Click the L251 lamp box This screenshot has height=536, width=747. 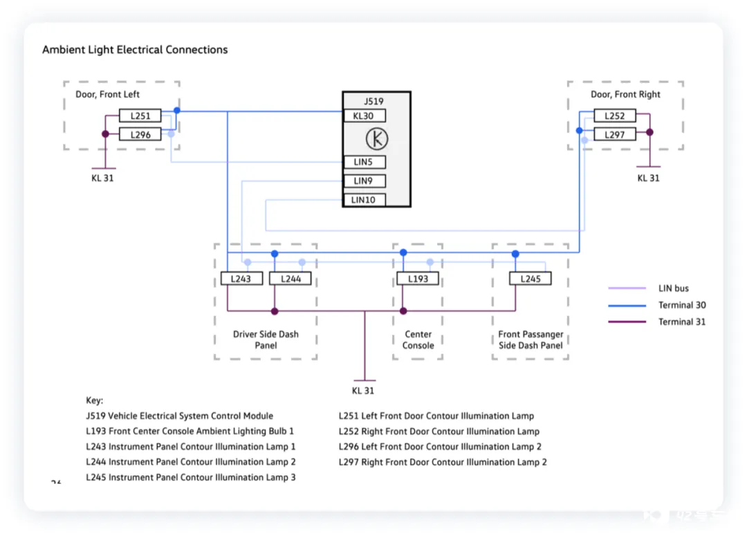click(140, 115)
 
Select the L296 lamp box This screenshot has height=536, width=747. click(140, 135)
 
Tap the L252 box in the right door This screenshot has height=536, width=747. click(615, 115)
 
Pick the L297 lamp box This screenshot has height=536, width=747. click(615, 135)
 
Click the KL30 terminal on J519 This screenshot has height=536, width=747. click(365, 115)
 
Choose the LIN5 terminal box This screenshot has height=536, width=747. click(365, 162)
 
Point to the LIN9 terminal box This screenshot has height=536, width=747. click(365, 181)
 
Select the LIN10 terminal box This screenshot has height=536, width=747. click(365, 200)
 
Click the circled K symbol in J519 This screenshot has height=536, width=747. click(377, 139)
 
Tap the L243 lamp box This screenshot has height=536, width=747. click(241, 279)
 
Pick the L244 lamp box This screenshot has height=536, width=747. click(290, 279)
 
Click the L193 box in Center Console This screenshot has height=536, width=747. click(418, 279)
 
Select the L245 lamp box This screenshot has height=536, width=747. click(531, 279)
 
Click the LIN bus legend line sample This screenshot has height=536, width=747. click(627, 288)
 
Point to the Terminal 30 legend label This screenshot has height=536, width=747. click(682, 305)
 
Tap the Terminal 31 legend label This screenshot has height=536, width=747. click(682, 322)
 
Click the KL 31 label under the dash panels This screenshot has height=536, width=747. click(363, 391)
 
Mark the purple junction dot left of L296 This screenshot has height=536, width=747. click(105, 134)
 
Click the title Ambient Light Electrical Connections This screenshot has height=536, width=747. click(135, 50)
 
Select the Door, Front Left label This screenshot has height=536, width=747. click(108, 94)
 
